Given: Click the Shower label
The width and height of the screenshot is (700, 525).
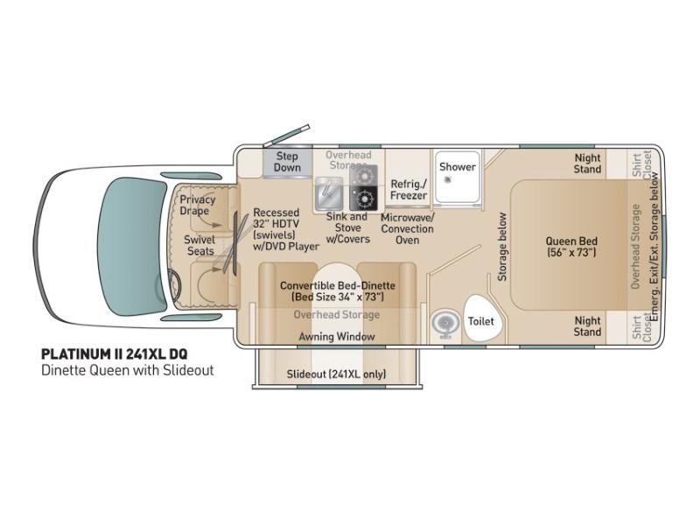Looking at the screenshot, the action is click(457, 167).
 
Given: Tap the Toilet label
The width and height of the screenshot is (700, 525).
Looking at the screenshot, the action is click(480, 321).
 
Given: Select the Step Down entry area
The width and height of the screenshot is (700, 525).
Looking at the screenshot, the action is click(287, 162).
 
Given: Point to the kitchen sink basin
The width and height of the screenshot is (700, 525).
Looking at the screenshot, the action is click(329, 193).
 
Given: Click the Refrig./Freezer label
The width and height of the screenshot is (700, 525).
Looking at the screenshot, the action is click(409, 190).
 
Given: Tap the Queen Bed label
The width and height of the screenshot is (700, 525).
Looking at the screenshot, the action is click(571, 247).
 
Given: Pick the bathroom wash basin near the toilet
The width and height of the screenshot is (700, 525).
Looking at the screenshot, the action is click(445, 323).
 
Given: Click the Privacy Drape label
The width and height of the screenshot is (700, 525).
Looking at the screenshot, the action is click(198, 205).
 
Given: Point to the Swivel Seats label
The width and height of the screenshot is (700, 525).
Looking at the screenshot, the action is click(199, 246).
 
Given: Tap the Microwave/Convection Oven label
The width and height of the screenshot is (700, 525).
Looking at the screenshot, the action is click(407, 228).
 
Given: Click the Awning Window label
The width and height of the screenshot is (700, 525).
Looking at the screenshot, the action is click(337, 337).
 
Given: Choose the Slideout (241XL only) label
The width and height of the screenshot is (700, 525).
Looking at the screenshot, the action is click(336, 374).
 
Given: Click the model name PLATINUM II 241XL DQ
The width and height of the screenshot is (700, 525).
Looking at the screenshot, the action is click(115, 354).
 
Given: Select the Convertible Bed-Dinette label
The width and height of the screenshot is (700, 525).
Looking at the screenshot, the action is click(338, 291).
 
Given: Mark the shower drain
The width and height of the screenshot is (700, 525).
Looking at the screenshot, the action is click(447, 179).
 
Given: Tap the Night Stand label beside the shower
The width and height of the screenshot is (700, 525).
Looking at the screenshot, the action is click(587, 164).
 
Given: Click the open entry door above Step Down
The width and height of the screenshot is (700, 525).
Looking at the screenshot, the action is click(286, 136).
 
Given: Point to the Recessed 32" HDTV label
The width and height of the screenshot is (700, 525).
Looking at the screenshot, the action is click(286, 229).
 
